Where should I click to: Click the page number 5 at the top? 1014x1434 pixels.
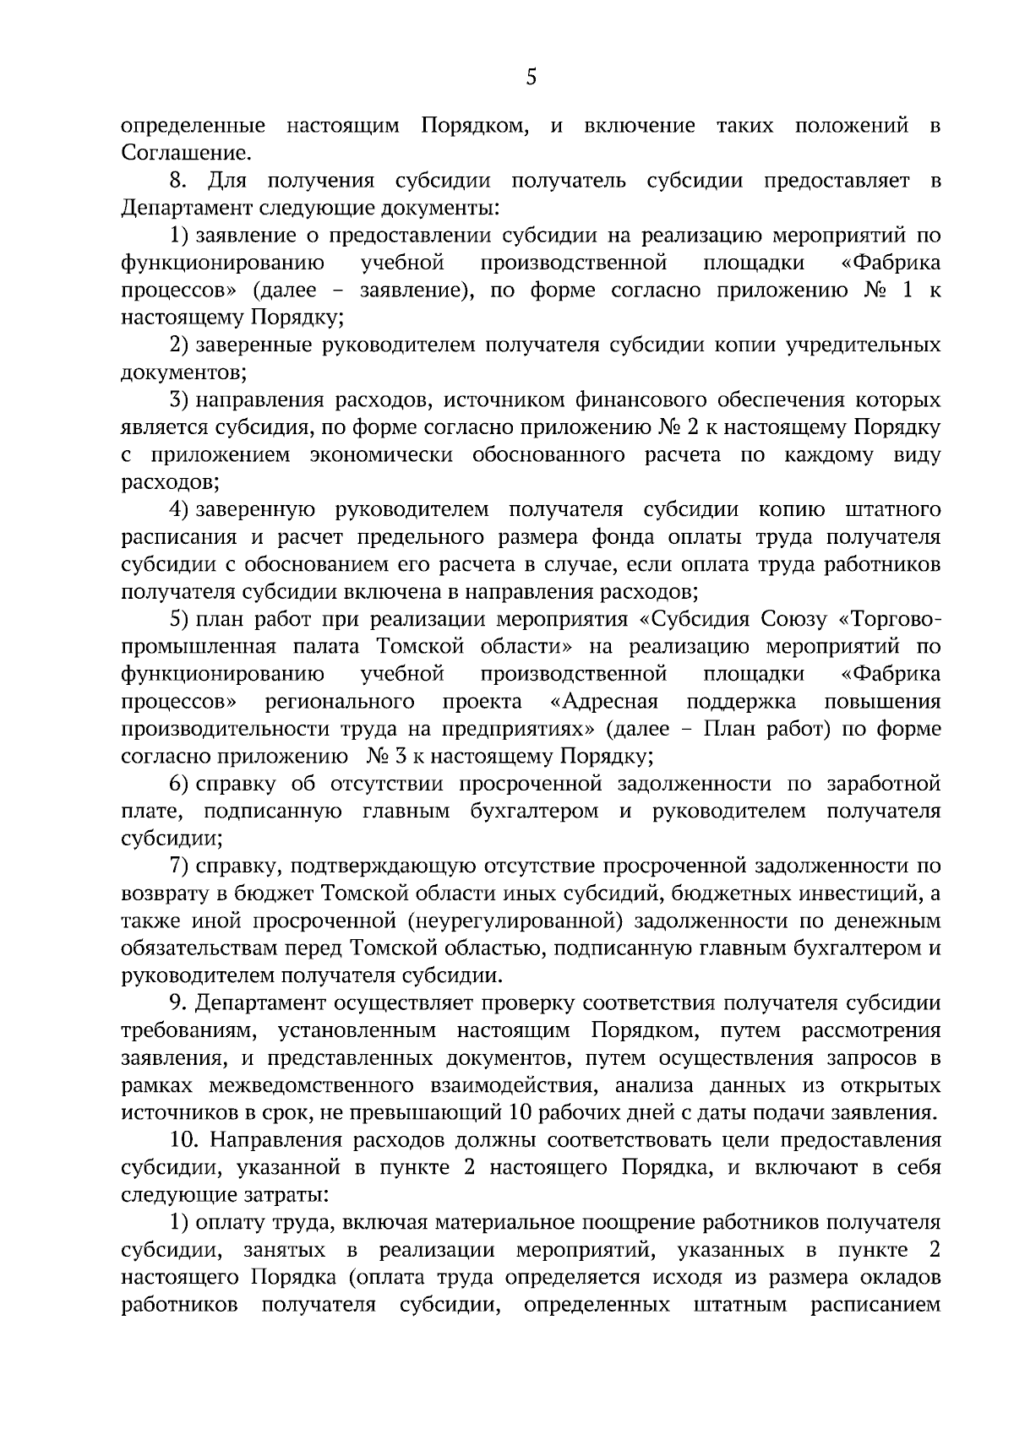[x=531, y=79]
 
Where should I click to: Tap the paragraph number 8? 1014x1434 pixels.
[x=177, y=181]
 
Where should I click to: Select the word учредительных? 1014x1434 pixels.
[x=863, y=345]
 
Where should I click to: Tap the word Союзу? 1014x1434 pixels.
[x=790, y=620]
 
